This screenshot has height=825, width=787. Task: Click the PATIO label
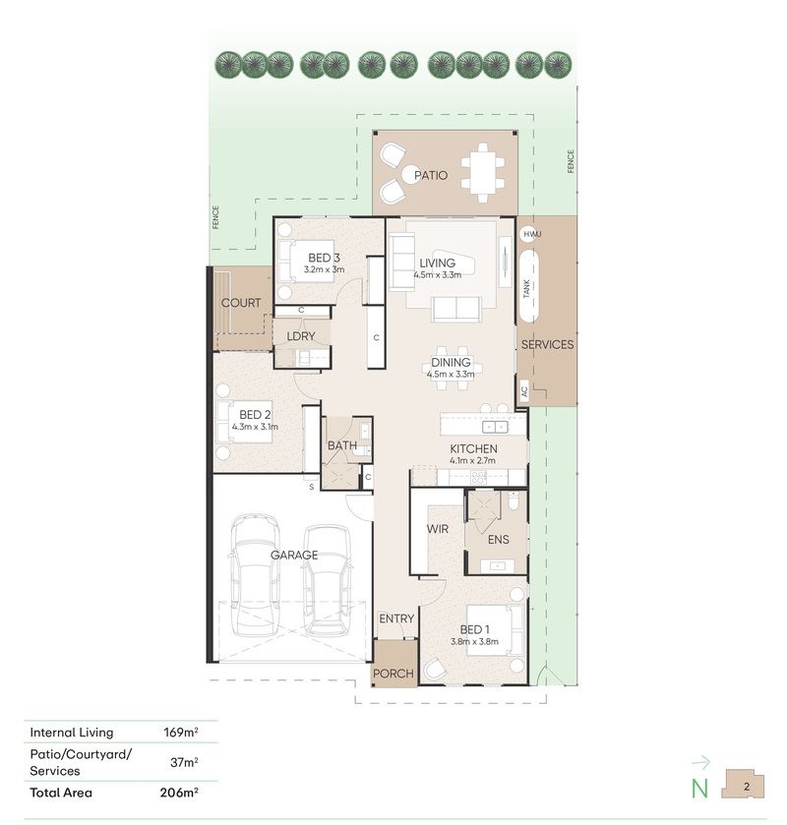[x=431, y=175]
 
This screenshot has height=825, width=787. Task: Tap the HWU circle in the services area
[x=529, y=234]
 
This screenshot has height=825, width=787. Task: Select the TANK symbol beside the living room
[x=529, y=286]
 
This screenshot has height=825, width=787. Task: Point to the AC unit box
[x=523, y=391]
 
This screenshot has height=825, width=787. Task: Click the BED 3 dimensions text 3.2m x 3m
[x=324, y=269]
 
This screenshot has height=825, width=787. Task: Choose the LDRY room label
[x=301, y=336]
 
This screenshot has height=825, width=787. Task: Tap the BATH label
[x=342, y=445]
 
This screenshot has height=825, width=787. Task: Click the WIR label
[x=438, y=529]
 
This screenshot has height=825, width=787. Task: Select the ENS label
[x=498, y=539]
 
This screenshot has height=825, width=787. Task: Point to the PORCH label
[x=393, y=674]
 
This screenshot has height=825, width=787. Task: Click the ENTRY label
[x=396, y=619]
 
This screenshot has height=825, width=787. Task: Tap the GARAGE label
[x=294, y=555]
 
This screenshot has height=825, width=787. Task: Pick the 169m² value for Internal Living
[x=181, y=732]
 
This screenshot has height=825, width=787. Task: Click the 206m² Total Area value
[x=179, y=793]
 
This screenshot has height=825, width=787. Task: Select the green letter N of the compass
[x=699, y=789]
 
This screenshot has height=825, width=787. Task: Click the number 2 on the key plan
[x=747, y=787]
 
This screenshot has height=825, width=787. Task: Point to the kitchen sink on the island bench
[x=495, y=426]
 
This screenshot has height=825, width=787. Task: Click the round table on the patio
[x=410, y=174]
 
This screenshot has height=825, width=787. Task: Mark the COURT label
[x=241, y=303]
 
